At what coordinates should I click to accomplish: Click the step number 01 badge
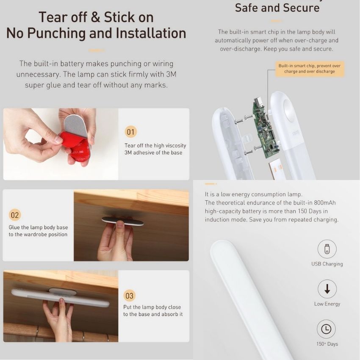(x=130, y=132)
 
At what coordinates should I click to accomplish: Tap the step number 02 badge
(x=15, y=215)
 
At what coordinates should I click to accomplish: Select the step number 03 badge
(x=130, y=296)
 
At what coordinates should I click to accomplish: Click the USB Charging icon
(x=327, y=249)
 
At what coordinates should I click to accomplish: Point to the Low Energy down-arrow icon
(x=327, y=289)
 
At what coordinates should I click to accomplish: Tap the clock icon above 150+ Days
(x=326, y=329)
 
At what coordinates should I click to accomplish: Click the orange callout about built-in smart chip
(x=310, y=69)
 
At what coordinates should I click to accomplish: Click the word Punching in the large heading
(x=57, y=33)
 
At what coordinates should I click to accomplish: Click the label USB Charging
(x=327, y=264)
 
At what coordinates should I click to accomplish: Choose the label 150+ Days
(x=327, y=344)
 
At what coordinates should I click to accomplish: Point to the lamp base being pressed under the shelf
(x=122, y=220)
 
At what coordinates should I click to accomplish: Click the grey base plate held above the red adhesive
(x=76, y=126)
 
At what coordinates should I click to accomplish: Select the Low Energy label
(x=327, y=304)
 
